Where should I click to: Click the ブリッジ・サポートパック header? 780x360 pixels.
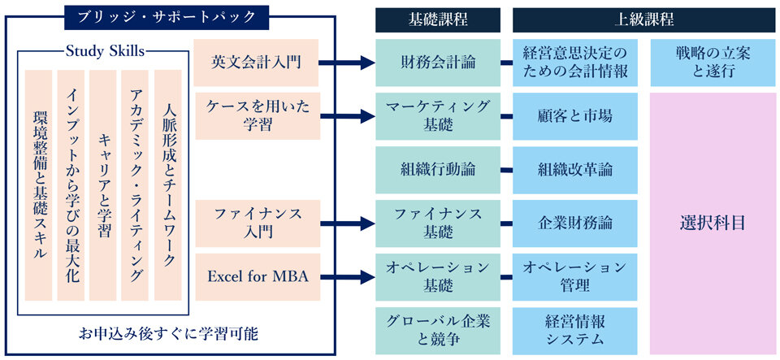pyautogui.click(x=167, y=17)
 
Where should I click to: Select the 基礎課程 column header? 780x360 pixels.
pyautogui.click(x=438, y=20)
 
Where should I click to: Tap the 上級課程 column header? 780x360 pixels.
pyautogui.click(x=644, y=20)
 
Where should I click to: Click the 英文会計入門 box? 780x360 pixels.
pyautogui.click(x=257, y=63)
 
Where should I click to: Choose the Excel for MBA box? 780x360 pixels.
pyautogui.click(x=257, y=277)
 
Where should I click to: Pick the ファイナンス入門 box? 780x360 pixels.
pyautogui.click(x=257, y=223)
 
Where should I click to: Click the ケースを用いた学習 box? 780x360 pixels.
pyautogui.click(x=257, y=116)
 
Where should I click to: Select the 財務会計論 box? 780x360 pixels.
pyautogui.click(x=438, y=63)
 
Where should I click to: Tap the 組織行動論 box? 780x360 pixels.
pyautogui.click(x=438, y=170)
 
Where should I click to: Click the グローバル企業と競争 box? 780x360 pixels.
pyautogui.click(x=438, y=332)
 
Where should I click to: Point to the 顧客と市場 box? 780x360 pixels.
pyautogui.click(x=575, y=116)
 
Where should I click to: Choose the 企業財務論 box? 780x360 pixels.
pyautogui.click(x=575, y=223)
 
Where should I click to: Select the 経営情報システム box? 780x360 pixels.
pyautogui.click(x=575, y=332)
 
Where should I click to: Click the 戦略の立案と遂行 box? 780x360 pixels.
pyautogui.click(x=713, y=63)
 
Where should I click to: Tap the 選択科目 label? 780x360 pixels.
pyautogui.click(x=713, y=223)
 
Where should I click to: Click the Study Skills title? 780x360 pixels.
pyautogui.click(x=104, y=50)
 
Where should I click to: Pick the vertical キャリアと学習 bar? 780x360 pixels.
pyautogui.click(x=103, y=185)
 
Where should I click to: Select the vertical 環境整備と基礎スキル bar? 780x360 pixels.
pyautogui.click(x=38, y=185)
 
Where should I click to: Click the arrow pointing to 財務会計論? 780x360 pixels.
pyautogui.click(x=347, y=63)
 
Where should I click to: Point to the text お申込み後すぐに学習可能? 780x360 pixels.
pyautogui.click(x=168, y=334)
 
